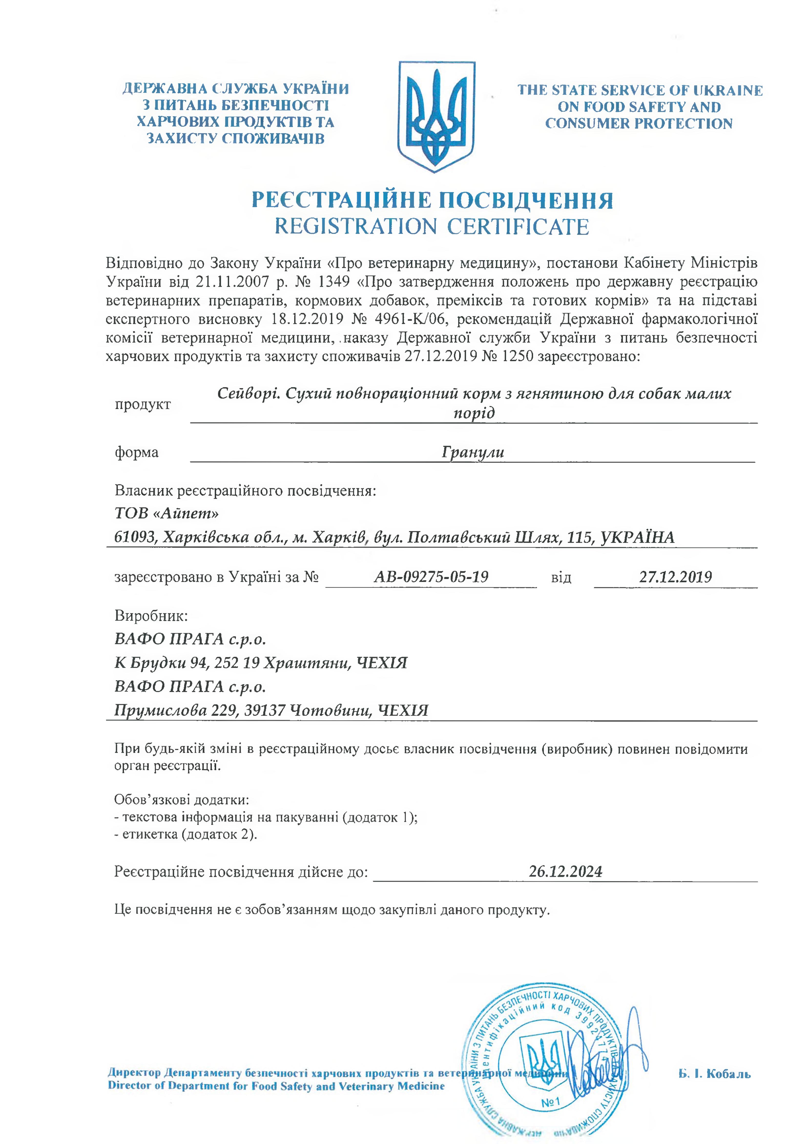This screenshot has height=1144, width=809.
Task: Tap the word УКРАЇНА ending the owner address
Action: [x=638, y=537]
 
